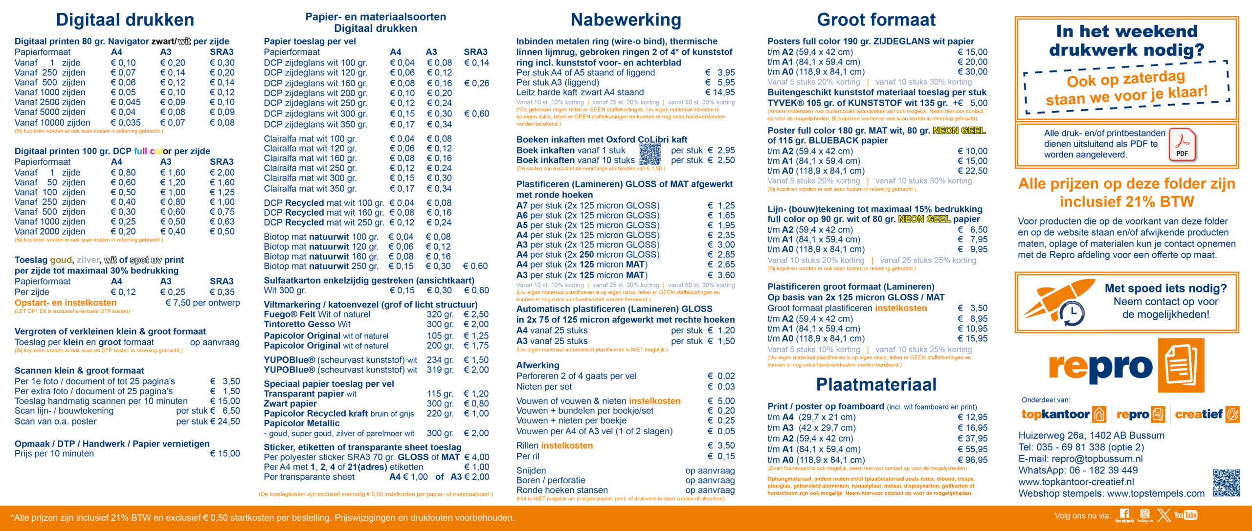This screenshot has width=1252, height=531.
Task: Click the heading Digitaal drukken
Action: [x=125, y=20]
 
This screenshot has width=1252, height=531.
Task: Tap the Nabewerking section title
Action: [x=626, y=20]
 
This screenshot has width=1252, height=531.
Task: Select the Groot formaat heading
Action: [x=876, y=20]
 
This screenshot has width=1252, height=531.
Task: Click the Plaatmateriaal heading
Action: [x=876, y=384]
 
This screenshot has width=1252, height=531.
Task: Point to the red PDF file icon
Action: [x=1182, y=145]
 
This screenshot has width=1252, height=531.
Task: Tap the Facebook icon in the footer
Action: [x=1124, y=514]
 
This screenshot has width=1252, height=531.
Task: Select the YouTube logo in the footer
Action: [x=1185, y=515]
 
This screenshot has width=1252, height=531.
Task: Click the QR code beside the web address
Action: [x=1226, y=483]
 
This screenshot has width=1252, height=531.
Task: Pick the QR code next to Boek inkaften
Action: [x=650, y=155]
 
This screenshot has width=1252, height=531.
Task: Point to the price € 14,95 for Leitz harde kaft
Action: [x=720, y=92]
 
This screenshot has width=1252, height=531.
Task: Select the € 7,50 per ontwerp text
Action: [x=202, y=303]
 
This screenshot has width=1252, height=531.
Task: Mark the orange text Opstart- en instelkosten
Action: [x=66, y=303]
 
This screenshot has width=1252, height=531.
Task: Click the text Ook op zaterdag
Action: [x=1126, y=78]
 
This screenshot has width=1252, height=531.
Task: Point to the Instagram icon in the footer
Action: [x=1145, y=514]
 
